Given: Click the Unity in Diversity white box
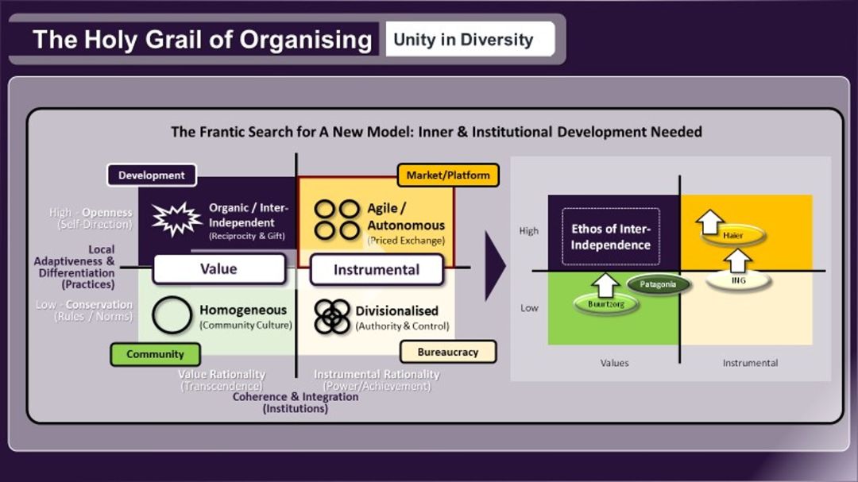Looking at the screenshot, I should [470, 40].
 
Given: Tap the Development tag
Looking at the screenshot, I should [151, 175].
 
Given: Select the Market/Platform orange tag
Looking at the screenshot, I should [448, 175].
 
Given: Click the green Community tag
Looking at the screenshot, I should [155, 354].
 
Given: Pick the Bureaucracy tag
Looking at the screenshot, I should [447, 352].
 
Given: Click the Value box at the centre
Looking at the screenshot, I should [218, 269].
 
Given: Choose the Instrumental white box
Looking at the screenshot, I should [377, 270].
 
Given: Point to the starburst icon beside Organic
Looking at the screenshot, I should [176, 218].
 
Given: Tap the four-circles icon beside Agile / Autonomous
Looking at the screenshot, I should [338, 220].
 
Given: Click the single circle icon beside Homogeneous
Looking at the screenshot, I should [172, 315].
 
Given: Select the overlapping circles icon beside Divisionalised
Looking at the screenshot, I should [332, 316].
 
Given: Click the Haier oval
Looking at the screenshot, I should [732, 236].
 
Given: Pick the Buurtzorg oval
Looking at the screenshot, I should [605, 303].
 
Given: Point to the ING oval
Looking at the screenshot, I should [738, 280].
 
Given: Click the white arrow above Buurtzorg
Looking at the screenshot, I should [606, 283].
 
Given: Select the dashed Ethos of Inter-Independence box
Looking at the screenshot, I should [610, 237].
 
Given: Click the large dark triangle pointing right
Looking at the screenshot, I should [495, 266].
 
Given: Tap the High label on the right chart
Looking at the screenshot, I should [529, 231].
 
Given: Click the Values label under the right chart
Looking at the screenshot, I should [614, 363].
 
